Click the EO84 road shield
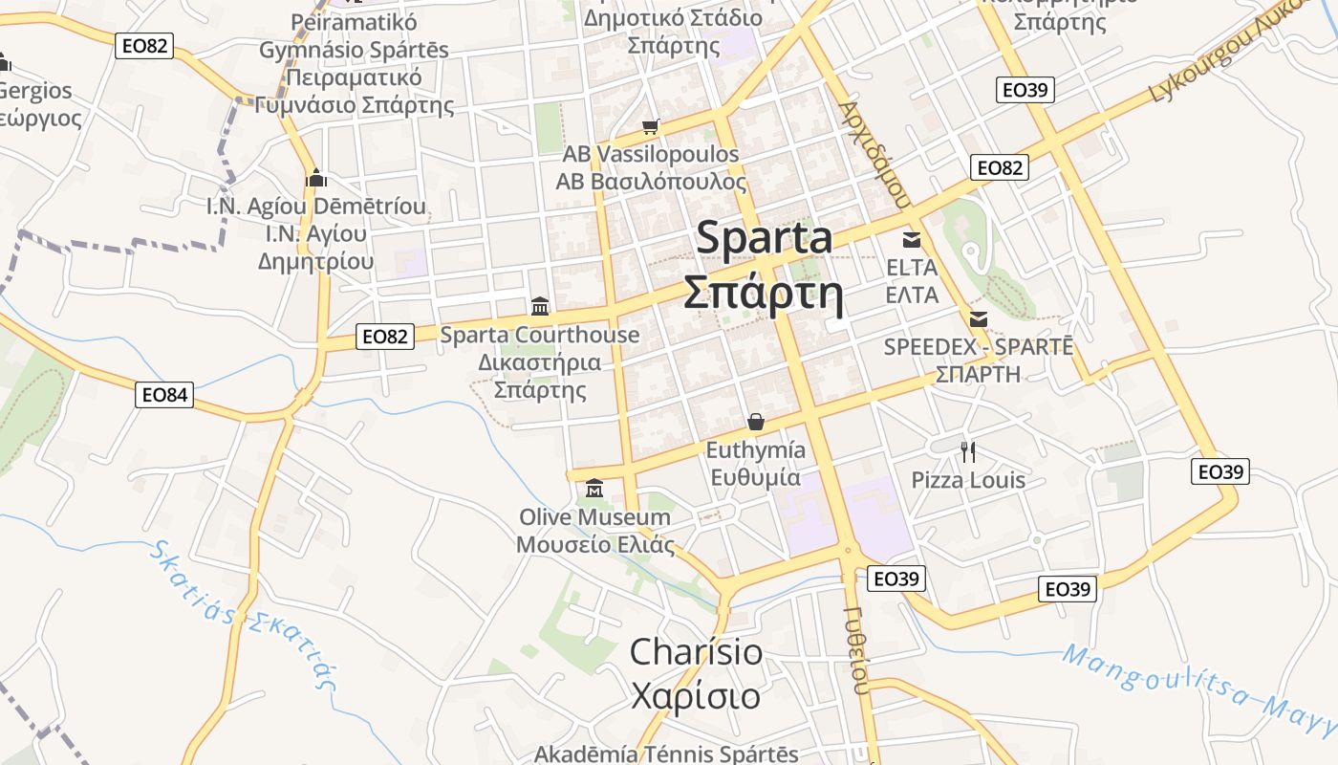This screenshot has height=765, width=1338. (164, 394)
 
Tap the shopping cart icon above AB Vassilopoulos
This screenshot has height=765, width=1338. (651, 126)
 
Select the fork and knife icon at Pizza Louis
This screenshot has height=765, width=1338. (968, 451)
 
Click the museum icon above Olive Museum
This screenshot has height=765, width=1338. (594, 489)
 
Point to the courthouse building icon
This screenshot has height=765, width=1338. (540, 306)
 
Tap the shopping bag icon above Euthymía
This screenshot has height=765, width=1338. (756, 422)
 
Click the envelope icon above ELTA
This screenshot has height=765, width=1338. (912, 239)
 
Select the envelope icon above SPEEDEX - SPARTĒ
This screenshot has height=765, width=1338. (979, 319)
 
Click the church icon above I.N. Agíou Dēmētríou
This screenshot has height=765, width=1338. (316, 178)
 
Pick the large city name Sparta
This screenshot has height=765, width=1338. (764, 238)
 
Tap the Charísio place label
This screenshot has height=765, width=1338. (696, 652)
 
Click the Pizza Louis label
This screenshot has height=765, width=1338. (968, 480)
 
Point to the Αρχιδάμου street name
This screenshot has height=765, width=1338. (873, 153)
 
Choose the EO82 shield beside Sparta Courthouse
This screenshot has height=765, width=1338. (385, 337)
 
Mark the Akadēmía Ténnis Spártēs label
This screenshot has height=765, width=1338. (666, 754)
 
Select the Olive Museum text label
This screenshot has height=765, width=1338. (594, 517)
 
